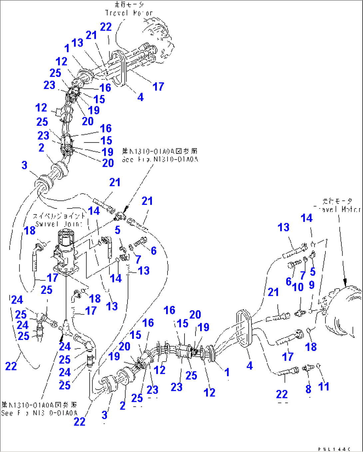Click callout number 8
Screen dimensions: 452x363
308,389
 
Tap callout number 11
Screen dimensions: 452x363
324,387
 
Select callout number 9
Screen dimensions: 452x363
312,285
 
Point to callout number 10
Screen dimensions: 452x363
298,287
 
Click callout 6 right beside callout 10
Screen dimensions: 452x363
288,282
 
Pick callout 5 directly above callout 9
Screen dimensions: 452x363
312,272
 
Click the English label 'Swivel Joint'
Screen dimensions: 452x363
59,224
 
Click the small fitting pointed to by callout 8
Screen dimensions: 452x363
308,368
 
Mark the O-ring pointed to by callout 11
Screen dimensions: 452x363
319,366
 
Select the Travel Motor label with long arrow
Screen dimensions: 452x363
337,209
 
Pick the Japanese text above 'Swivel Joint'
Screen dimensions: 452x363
59,216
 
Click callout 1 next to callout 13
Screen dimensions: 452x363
67,48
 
